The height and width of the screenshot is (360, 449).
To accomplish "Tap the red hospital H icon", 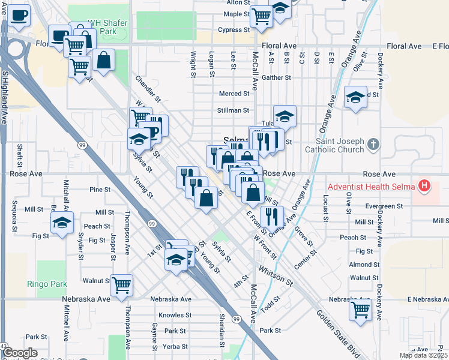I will tap(425, 187).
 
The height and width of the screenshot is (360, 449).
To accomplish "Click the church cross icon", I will tap(373, 144).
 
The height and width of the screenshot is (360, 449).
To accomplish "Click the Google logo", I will tap(20, 353).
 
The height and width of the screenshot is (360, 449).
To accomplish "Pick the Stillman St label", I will tap(234, 110).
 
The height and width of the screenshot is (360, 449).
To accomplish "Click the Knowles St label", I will tap(175, 315).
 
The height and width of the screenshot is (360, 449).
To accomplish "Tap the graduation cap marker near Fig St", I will tap(61, 224).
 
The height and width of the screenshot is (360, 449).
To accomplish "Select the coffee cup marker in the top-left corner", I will tap(19, 14).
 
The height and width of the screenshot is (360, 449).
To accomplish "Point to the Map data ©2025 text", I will tap(423, 355).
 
